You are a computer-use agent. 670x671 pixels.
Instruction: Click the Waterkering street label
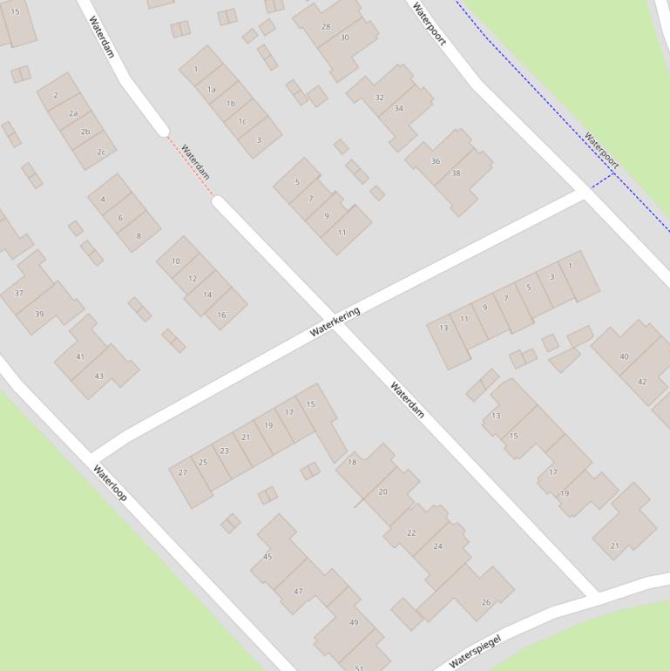[335, 322]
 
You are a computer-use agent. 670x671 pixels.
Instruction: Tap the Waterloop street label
[110, 483]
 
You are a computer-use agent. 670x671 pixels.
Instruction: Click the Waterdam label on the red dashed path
[196, 162]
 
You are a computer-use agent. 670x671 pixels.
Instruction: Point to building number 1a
[211, 89]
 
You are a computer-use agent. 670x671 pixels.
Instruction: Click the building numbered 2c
[100, 152]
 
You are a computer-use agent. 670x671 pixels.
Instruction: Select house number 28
[326, 26]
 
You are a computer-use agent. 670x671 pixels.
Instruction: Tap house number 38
[455, 173]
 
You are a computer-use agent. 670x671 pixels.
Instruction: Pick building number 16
[221, 315]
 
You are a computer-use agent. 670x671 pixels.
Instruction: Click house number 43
[98, 376]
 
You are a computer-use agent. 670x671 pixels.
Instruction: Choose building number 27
[183, 472]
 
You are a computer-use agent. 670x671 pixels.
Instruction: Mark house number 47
[298, 591]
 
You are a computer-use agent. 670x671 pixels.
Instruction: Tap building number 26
[485, 602]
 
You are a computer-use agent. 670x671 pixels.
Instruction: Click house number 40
[624, 356]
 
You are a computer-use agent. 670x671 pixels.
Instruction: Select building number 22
[411, 532]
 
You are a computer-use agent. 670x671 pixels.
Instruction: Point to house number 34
[398, 109]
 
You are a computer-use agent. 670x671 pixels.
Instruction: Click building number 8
[138, 236]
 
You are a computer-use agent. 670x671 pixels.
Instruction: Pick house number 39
[39, 315]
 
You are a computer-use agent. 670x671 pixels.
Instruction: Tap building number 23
[224, 451]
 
